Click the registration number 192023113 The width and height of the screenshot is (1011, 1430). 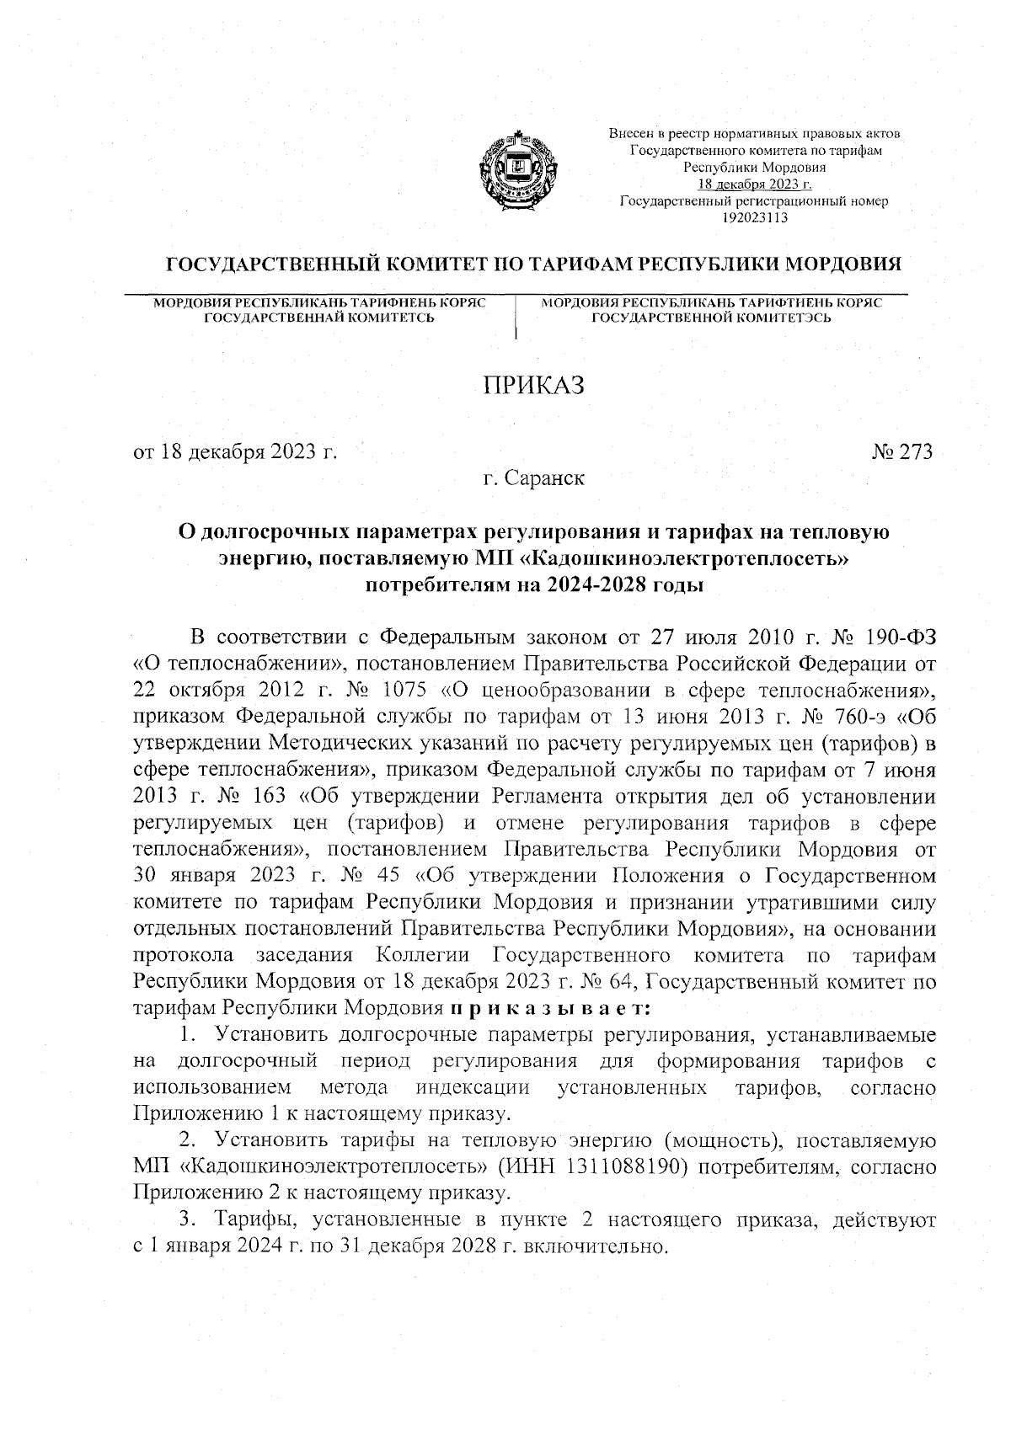[x=754, y=217]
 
